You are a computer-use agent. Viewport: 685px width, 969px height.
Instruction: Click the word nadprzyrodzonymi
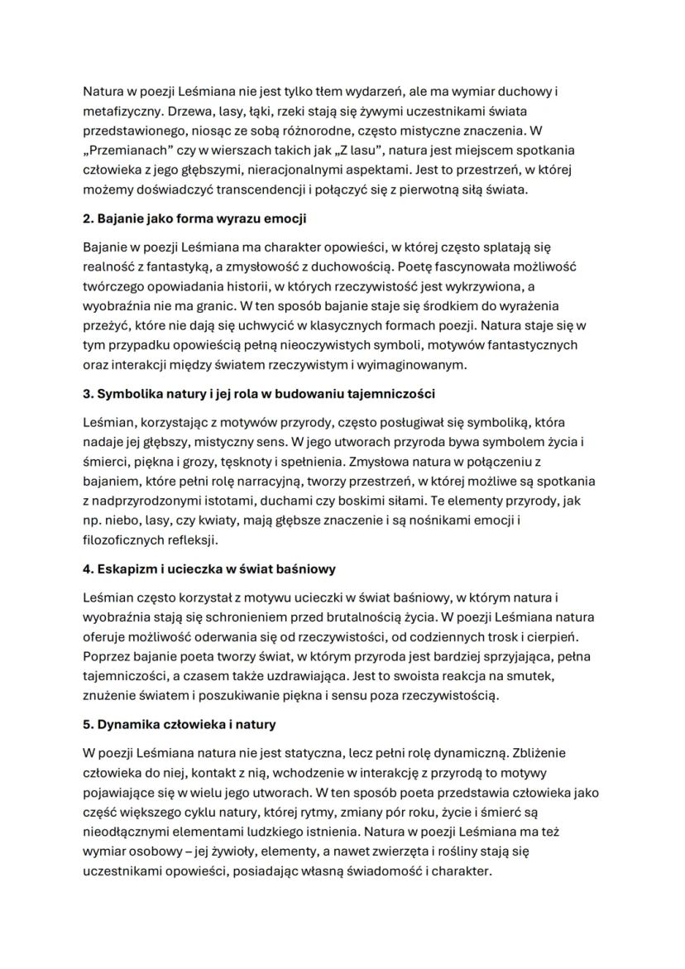[x=147, y=501]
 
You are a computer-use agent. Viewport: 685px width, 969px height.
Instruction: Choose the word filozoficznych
[x=123, y=541]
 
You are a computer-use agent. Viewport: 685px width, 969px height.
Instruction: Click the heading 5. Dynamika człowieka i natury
[x=180, y=725]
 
